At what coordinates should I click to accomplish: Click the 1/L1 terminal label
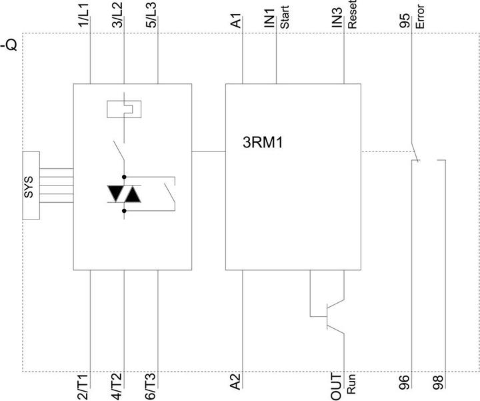coord(83,16)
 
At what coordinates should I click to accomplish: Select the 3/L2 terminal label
coord(117,15)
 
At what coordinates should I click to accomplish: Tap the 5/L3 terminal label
coord(151,15)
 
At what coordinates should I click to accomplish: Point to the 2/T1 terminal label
coord(83,386)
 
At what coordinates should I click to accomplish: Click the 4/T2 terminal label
coord(117,386)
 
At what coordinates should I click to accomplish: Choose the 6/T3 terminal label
coord(151,386)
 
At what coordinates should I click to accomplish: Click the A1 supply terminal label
coord(236,21)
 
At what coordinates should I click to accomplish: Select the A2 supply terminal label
coord(236,382)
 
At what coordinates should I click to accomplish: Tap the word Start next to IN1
coord(285,17)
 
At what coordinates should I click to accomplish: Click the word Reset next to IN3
coord(353,15)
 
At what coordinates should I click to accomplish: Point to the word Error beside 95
coord(420,17)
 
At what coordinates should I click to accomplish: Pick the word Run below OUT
coord(351,384)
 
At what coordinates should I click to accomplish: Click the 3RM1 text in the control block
coord(263,143)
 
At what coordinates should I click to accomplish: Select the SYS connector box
coord(31,185)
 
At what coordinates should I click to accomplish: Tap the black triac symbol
coord(124,194)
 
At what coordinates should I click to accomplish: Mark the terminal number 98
coord(439,382)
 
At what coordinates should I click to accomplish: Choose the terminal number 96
coord(405,382)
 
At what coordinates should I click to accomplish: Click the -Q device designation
coord(10,45)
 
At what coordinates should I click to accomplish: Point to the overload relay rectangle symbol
coord(124,109)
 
